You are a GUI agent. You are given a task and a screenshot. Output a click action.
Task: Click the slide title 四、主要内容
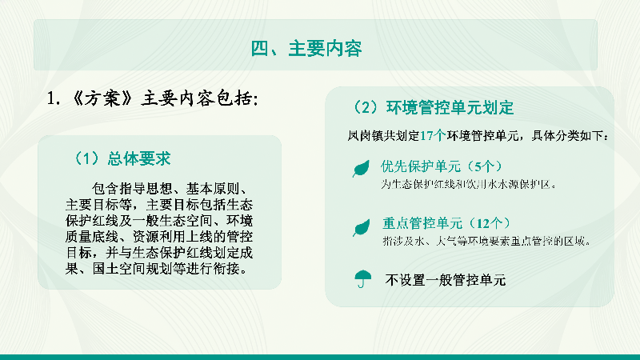306,49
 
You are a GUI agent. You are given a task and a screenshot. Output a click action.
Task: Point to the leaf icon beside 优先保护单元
362,168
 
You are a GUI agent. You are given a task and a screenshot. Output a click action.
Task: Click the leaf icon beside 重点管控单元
362,229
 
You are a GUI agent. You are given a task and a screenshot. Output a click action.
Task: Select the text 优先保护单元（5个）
441,167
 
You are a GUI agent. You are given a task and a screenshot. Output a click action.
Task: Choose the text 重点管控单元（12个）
446,223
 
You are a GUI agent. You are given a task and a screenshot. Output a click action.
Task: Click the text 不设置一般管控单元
446,280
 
